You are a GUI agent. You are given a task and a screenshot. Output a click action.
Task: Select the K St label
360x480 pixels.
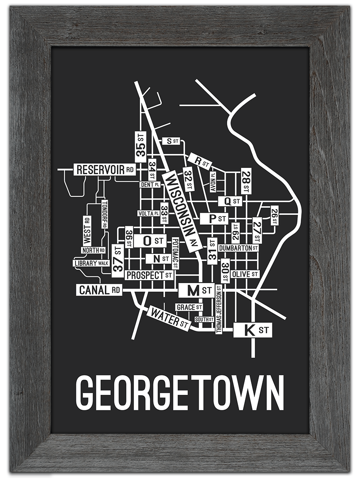pyautogui.click(x=253, y=330)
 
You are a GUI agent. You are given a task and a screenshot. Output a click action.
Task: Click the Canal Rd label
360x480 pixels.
pyautogui.click(x=99, y=290)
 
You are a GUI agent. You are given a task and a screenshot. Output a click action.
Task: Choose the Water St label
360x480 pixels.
pyautogui.click(x=168, y=319)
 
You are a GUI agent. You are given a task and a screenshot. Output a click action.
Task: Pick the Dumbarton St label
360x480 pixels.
pyautogui.click(x=238, y=248)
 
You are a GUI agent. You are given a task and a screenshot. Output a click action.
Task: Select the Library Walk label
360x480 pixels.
pyautogui.click(x=92, y=263)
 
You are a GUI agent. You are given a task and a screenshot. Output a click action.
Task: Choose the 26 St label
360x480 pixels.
pyautogui.click(x=274, y=216)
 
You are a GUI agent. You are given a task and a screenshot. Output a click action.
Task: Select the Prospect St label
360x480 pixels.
pyautogui.click(x=149, y=275)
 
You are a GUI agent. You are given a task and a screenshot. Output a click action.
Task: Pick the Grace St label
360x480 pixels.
pyautogui.click(x=189, y=307)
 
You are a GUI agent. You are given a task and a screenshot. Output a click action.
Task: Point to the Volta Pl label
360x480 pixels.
pyautogui.click(x=148, y=213)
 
